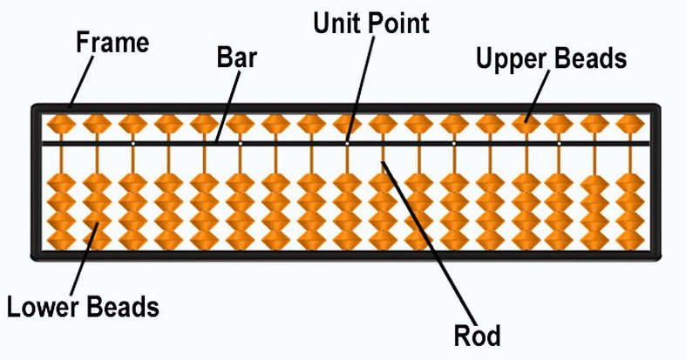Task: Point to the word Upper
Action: click(x=508, y=59)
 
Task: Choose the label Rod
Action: click(x=478, y=334)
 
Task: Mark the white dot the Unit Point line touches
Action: click(x=347, y=142)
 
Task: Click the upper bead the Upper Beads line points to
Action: click(x=526, y=123)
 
